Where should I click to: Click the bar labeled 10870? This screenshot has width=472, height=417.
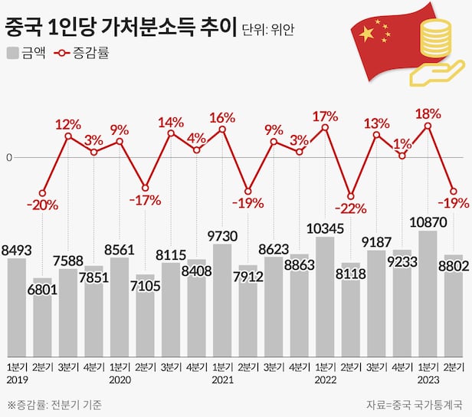click(x=428, y=291)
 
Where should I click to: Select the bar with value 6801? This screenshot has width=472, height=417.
click(x=43, y=314)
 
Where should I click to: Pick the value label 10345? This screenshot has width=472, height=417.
click(x=325, y=228)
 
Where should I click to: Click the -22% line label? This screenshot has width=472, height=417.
click(x=351, y=208)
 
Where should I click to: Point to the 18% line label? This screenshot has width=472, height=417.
click(x=428, y=113)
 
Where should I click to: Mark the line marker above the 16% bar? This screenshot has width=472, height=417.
click(x=222, y=130)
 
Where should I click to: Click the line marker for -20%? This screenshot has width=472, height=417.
click(x=43, y=193)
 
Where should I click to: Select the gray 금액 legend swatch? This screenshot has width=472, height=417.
click(x=12, y=53)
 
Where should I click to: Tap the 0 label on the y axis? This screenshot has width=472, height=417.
click(x=9, y=158)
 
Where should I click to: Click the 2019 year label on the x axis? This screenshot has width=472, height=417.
click(x=17, y=380)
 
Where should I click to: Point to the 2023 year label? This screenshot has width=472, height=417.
click(x=428, y=380)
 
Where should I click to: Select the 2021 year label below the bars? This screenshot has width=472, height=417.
click(x=222, y=380)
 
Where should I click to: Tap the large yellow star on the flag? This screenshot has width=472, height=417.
click(x=367, y=34)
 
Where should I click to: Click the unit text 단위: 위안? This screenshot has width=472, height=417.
click(x=267, y=31)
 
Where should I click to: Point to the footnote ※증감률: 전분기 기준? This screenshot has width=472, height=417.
click(x=54, y=404)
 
